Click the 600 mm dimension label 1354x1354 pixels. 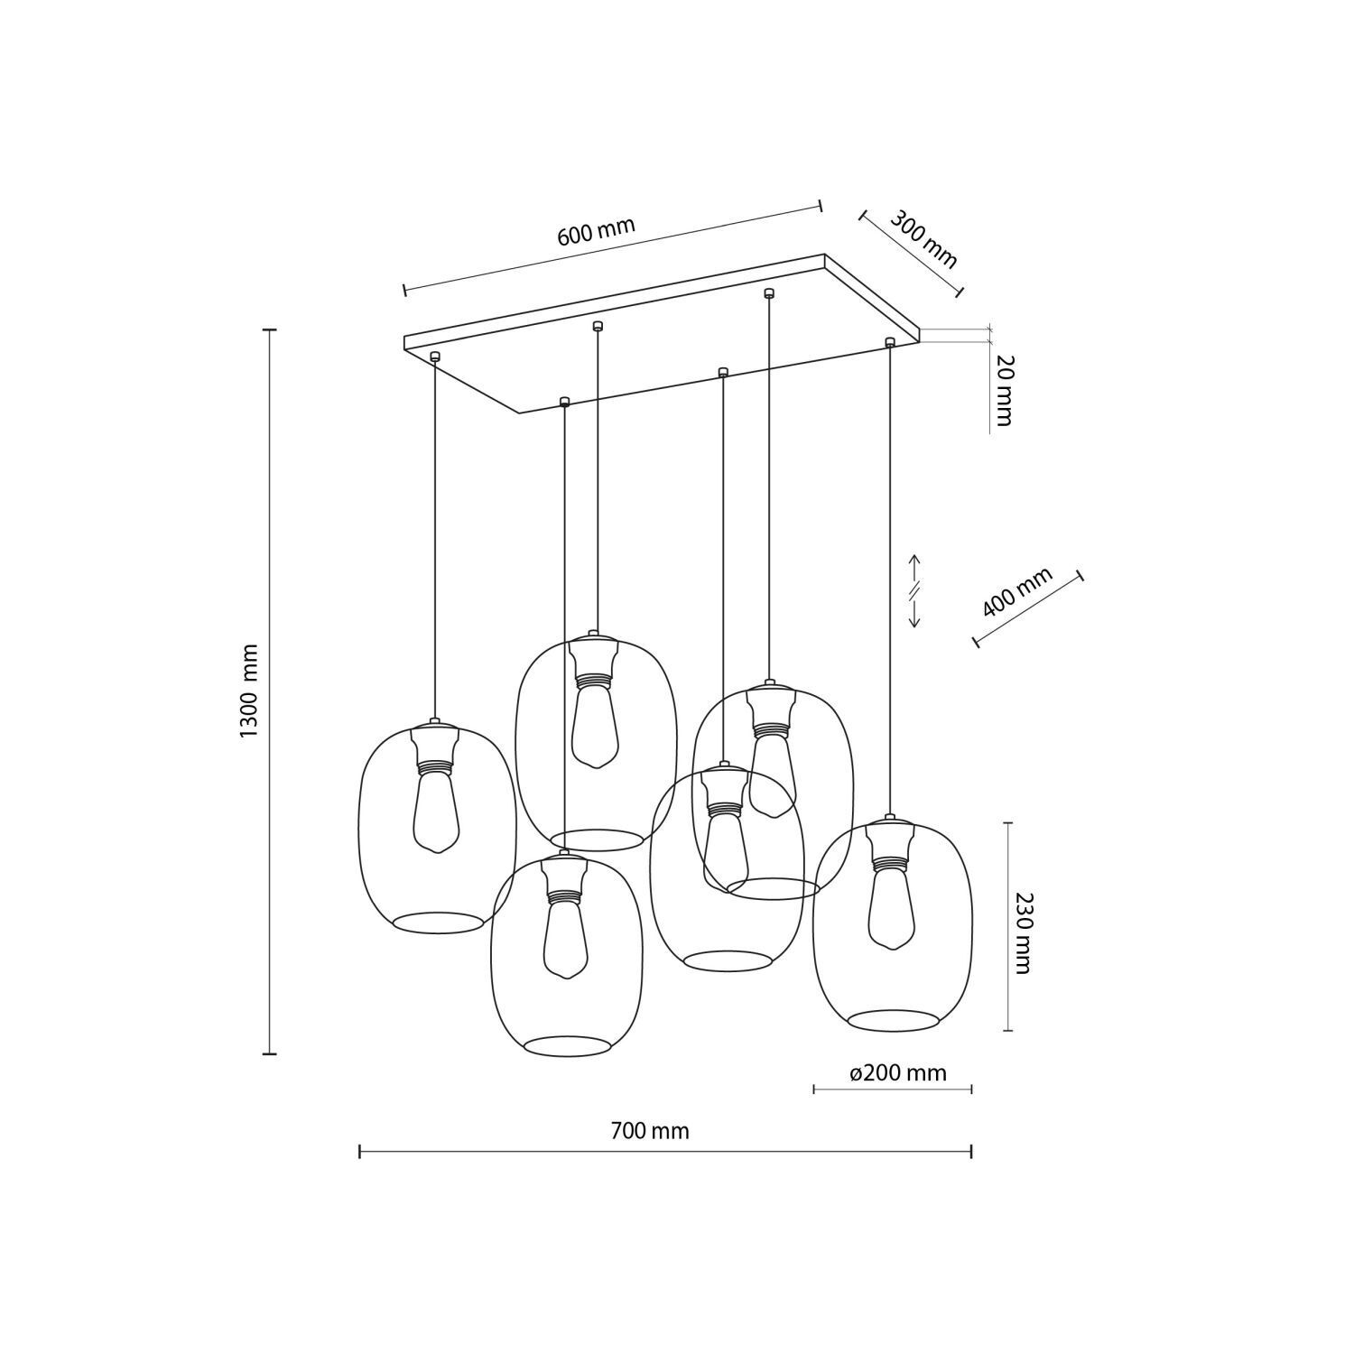pos(596,232)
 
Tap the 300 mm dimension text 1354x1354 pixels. pos(923,239)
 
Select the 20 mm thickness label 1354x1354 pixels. pos(1005,390)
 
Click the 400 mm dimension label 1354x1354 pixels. pos(1017,592)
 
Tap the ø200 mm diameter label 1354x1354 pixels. pos(898,1072)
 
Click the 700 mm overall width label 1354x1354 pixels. pos(649,1131)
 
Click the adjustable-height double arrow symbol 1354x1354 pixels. pos(913,591)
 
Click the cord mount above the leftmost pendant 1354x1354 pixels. pos(435,357)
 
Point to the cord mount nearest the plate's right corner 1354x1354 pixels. pos(890,342)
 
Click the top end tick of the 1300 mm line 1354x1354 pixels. pos(269,330)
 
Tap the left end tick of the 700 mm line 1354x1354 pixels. pos(360,1151)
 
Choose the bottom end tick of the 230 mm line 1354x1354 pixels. pos(1008,1030)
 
